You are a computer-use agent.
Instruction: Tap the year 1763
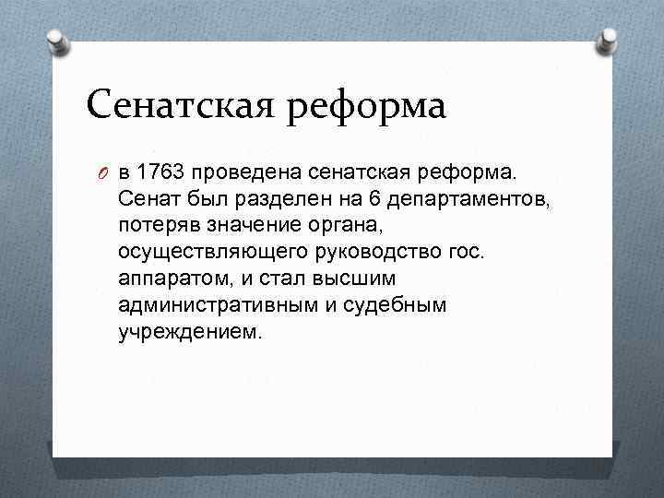[x=168, y=172]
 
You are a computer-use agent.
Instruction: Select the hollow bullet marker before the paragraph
[x=104, y=172]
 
